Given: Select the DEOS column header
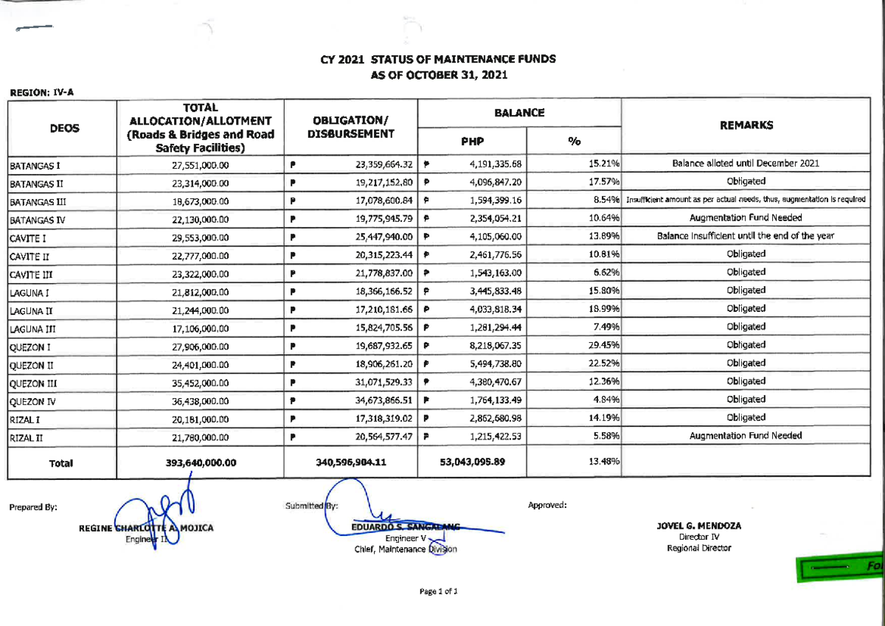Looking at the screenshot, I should (x=64, y=128).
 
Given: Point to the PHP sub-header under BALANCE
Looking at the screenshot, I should (x=472, y=141).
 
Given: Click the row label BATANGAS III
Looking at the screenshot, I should (x=36, y=201).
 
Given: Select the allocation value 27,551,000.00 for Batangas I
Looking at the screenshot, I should (x=201, y=165).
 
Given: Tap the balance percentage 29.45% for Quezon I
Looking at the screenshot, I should (x=603, y=345).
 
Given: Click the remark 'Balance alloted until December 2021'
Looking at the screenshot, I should (x=746, y=163).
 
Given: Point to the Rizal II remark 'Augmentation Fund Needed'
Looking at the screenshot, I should (x=746, y=436).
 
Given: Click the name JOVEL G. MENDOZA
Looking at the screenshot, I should (x=698, y=526).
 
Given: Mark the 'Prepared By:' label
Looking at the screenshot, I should (x=33, y=507).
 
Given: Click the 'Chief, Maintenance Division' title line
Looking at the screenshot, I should (x=406, y=549).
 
